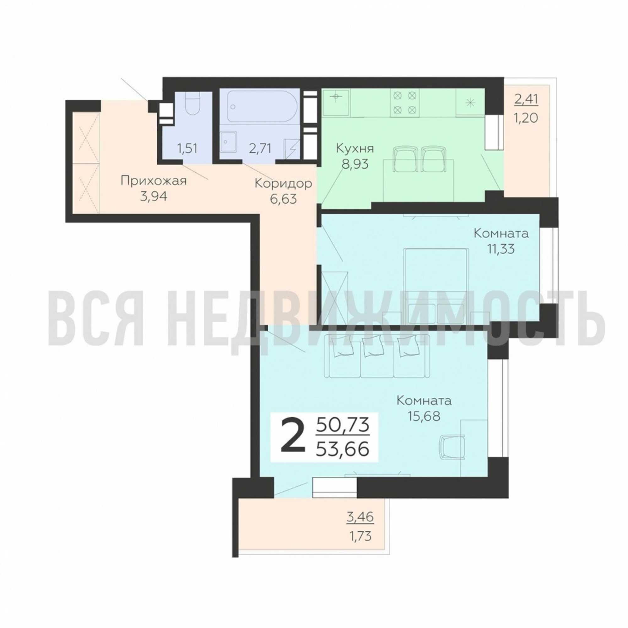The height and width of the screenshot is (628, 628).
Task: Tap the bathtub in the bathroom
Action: (262, 106)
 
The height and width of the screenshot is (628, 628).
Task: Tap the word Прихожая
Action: (154, 181)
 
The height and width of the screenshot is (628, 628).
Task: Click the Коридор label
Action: (283, 184)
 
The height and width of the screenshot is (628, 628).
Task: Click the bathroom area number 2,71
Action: (260, 149)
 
